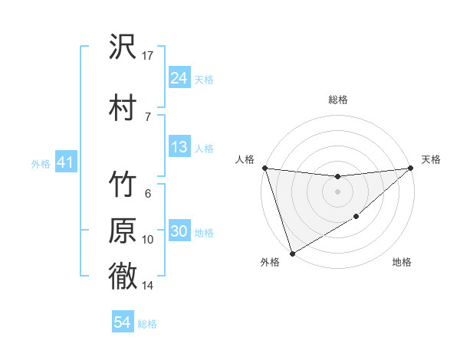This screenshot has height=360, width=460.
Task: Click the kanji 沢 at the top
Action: click(123, 48)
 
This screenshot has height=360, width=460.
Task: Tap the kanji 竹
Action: click(123, 186)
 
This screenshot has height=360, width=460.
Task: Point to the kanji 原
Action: click(123, 232)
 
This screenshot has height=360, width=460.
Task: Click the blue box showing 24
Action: click(179, 77)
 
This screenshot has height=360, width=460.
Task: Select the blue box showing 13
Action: click(179, 147)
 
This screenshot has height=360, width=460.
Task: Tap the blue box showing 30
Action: click(179, 232)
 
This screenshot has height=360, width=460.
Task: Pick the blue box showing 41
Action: click(65, 163)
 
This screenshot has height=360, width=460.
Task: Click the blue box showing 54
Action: click(123, 323)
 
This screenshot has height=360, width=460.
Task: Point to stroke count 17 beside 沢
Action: click(148, 55)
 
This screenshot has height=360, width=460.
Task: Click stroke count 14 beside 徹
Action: click(148, 286)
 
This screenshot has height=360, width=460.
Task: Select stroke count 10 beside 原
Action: click(148, 240)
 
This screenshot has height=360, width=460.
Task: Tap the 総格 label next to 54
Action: click(147, 324)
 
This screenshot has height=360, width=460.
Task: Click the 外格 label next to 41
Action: click(40, 164)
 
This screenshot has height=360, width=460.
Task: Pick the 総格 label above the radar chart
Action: click(337, 100)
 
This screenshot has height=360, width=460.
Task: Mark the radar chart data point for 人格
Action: click(264, 168)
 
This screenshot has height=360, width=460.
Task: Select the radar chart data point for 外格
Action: click(291, 253)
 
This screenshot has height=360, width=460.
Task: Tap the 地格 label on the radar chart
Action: click(402, 263)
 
